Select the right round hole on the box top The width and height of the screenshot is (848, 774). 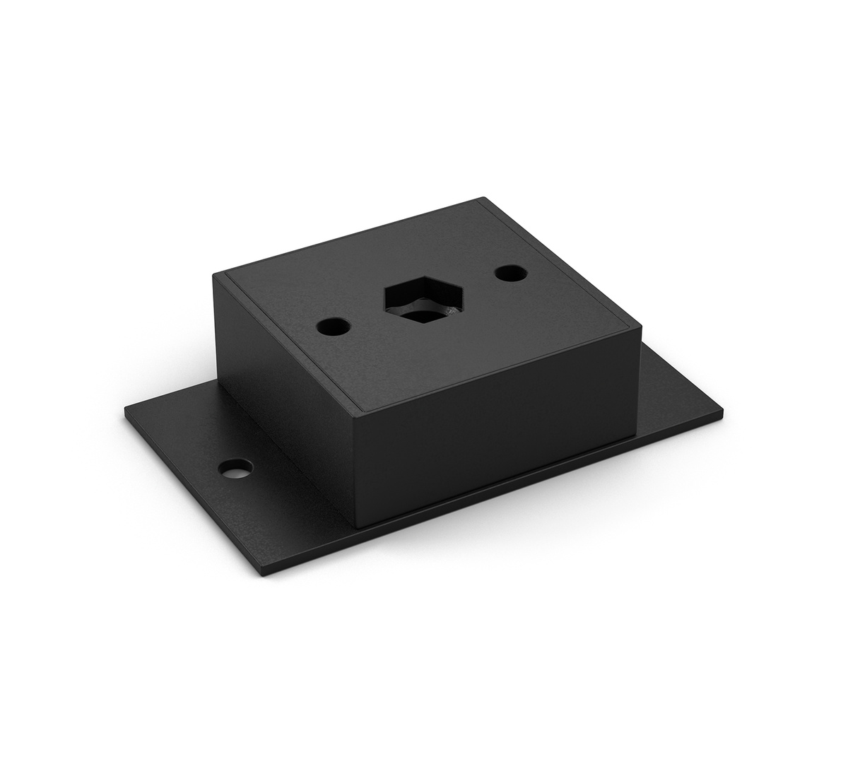click(x=509, y=271)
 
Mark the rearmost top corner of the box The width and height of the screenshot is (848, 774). click(x=483, y=199)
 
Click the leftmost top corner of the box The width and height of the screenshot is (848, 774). click(x=214, y=277)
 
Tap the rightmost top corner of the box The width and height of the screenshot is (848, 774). click(x=641, y=326)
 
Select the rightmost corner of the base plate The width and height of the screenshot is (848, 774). click(x=724, y=408)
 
